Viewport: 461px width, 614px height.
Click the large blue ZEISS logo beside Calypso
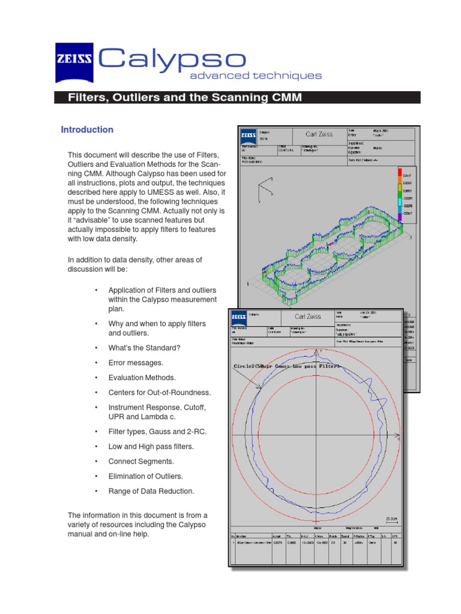pyautogui.click(x=74, y=62)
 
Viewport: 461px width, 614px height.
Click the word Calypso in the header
pyautogui.click(x=172, y=59)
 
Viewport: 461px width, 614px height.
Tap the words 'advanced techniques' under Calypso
pyautogui.click(x=256, y=76)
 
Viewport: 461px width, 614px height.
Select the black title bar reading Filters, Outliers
pyautogui.click(x=237, y=97)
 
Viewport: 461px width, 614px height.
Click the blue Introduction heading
pyautogui.click(x=87, y=130)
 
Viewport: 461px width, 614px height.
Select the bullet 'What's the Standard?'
pyautogui.click(x=144, y=348)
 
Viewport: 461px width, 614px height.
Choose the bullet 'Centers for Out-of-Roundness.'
pyautogui.click(x=160, y=393)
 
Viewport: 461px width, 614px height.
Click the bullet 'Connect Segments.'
pyautogui.click(x=141, y=462)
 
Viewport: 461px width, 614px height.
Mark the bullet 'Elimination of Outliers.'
pyautogui.click(x=146, y=476)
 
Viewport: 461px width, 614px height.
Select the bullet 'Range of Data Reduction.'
pyautogui.click(x=151, y=491)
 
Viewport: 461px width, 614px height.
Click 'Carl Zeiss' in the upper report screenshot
pyautogui.click(x=319, y=134)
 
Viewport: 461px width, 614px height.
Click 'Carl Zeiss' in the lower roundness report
pyautogui.click(x=307, y=317)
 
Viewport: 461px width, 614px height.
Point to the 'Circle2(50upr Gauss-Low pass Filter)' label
pyautogui.click(x=287, y=366)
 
